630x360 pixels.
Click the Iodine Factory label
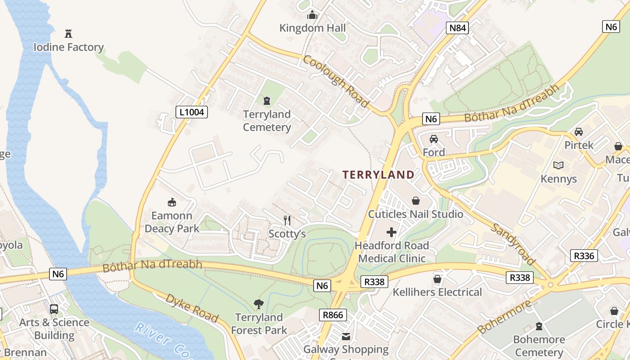[x=68, y=47]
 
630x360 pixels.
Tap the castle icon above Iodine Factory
[x=68, y=33]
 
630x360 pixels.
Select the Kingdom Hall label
[x=312, y=28]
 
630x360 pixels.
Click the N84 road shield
[x=458, y=28]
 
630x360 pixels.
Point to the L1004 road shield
[x=192, y=112]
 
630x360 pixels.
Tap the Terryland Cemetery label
[x=267, y=121]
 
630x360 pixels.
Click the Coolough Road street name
[x=336, y=81]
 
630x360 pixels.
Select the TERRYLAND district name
[x=378, y=175]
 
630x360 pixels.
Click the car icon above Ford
[x=434, y=139]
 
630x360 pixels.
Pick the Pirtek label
[x=579, y=145]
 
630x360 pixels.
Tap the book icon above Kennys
[x=558, y=166]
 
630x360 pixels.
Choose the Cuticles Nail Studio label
[x=415, y=214]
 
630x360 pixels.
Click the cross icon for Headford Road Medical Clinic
[x=391, y=232]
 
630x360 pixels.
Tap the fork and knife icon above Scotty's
[x=287, y=220]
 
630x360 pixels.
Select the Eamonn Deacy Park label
[x=172, y=222]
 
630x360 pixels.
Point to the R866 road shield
[x=333, y=315]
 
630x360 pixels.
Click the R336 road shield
[x=584, y=256]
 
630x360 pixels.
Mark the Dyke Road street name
[x=192, y=308]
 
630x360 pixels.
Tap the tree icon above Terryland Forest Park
[x=259, y=304]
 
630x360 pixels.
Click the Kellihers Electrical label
[x=437, y=292]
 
